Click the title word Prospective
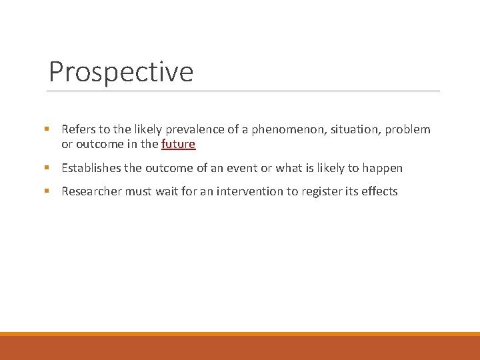(x=121, y=71)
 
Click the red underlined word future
(x=178, y=144)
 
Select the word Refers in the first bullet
(x=79, y=129)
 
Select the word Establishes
(x=92, y=168)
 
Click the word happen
(x=382, y=168)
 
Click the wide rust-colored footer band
(x=240, y=348)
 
